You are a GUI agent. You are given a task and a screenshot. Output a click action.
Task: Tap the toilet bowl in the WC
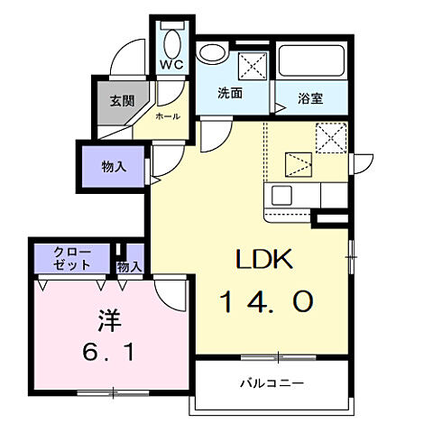(x=171, y=40)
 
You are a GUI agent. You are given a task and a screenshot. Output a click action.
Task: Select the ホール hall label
(x=167, y=116)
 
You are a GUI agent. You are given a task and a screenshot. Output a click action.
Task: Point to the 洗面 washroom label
(x=230, y=93)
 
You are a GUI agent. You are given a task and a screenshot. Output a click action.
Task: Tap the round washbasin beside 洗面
(x=212, y=51)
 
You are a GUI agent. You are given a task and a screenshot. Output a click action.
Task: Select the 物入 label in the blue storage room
(x=113, y=166)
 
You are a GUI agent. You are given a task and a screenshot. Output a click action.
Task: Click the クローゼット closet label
(x=72, y=258)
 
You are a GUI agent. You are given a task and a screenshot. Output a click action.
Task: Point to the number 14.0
(x=266, y=300)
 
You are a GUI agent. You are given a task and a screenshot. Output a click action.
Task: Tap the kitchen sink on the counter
(x=280, y=195)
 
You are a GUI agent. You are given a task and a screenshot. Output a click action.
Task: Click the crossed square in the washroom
(x=253, y=65)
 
